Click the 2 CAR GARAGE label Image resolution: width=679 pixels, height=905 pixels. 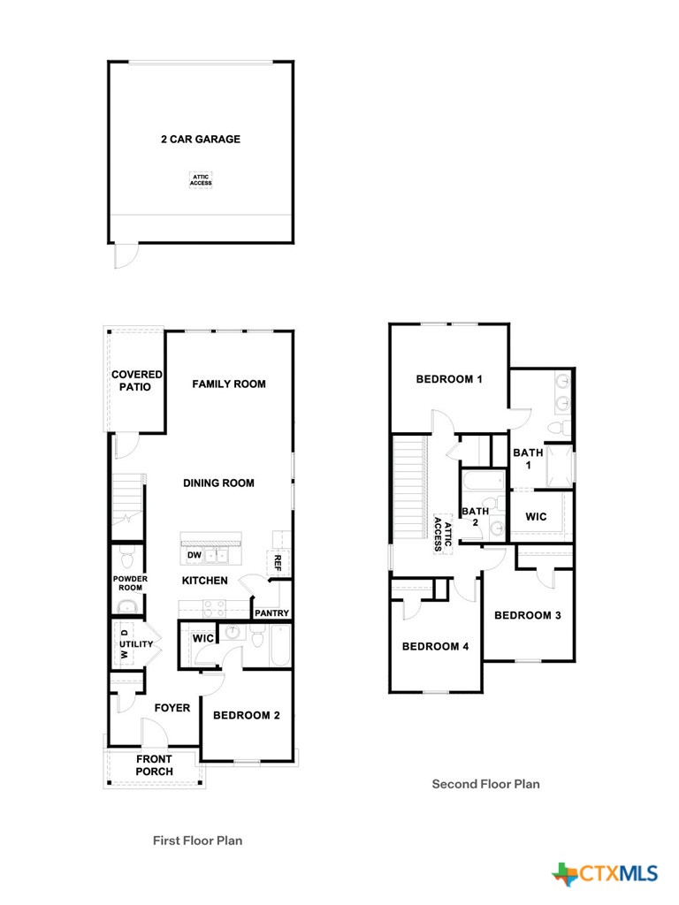pyautogui.click(x=201, y=139)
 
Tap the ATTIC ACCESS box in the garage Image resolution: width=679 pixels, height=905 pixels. pyautogui.click(x=201, y=179)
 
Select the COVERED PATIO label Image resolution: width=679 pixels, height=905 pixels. pyautogui.click(x=137, y=381)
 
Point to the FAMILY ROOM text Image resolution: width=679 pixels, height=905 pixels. pyautogui.click(x=229, y=384)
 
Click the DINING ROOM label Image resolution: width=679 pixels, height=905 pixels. pyautogui.click(x=218, y=483)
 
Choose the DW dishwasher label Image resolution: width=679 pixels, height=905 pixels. pyautogui.click(x=194, y=555)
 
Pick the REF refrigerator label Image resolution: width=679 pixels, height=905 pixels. pyautogui.click(x=278, y=560)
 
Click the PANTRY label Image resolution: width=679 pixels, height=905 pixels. pyautogui.click(x=271, y=612)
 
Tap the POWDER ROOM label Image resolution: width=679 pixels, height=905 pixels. pyautogui.click(x=129, y=582)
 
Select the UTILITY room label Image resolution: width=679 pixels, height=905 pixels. pyautogui.click(x=137, y=644)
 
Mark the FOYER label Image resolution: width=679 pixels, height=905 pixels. pyautogui.click(x=172, y=708)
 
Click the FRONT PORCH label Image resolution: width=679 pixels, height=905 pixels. pyautogui.click(x=154, y=765)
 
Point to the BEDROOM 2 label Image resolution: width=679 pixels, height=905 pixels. pyautogui.click(x=247, y=715)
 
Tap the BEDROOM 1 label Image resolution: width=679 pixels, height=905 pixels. pyautogui.click(x=449, y=379)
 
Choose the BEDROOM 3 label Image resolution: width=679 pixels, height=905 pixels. pyautogui.click(x=528, y=615)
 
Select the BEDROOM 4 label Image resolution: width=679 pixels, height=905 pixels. pyautogui.click(x=435, y=646)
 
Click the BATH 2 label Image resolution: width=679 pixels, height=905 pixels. pyautogui.click(x=475, y=516)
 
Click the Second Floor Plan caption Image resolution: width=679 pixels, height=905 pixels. pyautogui.click(x=485, y=783)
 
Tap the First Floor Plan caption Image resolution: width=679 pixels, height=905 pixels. pyautogui.click(x=197, y=840)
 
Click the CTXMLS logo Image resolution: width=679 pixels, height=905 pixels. pyautogui.click(x=606, y=873)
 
